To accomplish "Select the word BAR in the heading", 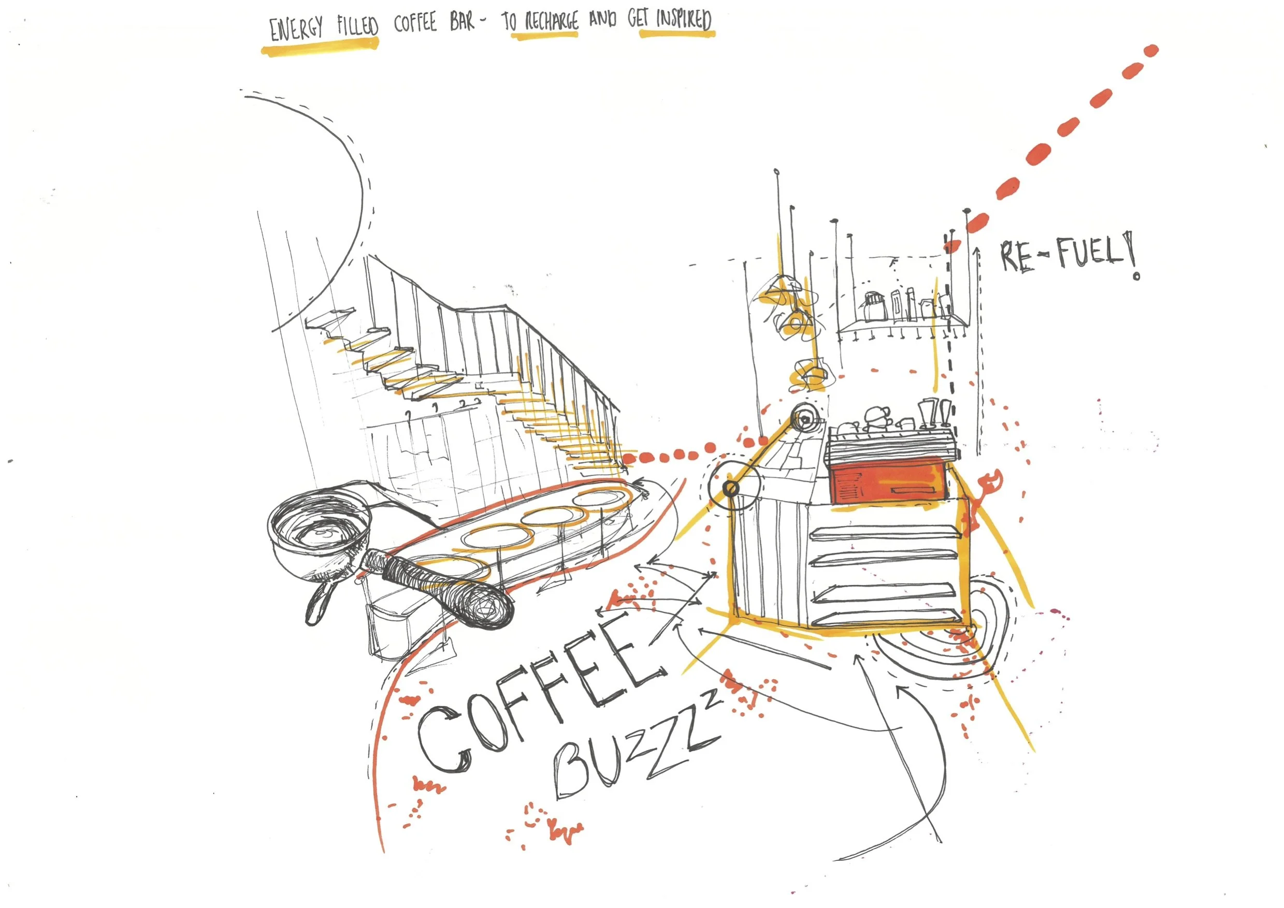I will (462, 22).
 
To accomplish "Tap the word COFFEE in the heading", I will (414, 23).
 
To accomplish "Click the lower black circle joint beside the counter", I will (731, 488).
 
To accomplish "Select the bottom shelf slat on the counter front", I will (889, 615).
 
